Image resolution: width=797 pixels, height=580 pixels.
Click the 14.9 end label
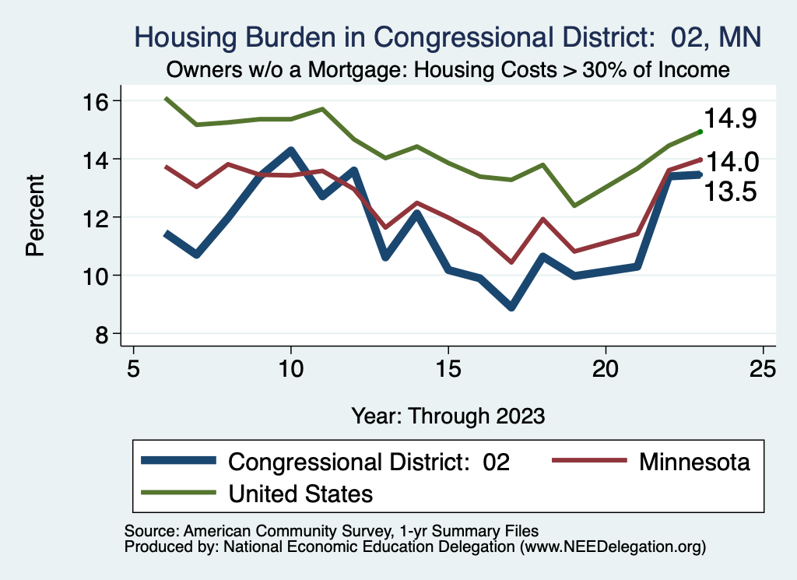pyautogui.click(x=731, y=118)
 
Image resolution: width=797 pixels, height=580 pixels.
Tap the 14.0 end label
pyautogui.click(x=731, y=162)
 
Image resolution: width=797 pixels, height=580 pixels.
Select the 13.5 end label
pyautogui.click(x=731, y=192)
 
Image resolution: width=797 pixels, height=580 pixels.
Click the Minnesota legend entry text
pyautogui.click(x=694, y=462)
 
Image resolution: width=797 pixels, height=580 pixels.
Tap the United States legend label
pyautogui.click(x=300, y=493)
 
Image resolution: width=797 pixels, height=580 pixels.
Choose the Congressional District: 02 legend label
pyautogui.click(x=368, y=462)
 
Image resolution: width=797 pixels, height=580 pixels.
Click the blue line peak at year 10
pyautogui.click(x=291, y=150)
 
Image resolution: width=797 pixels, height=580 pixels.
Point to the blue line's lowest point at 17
pyautogui.click(x=511, y=307)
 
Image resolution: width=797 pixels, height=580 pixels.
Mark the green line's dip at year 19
pyautogui.click(x=574, y=206)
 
